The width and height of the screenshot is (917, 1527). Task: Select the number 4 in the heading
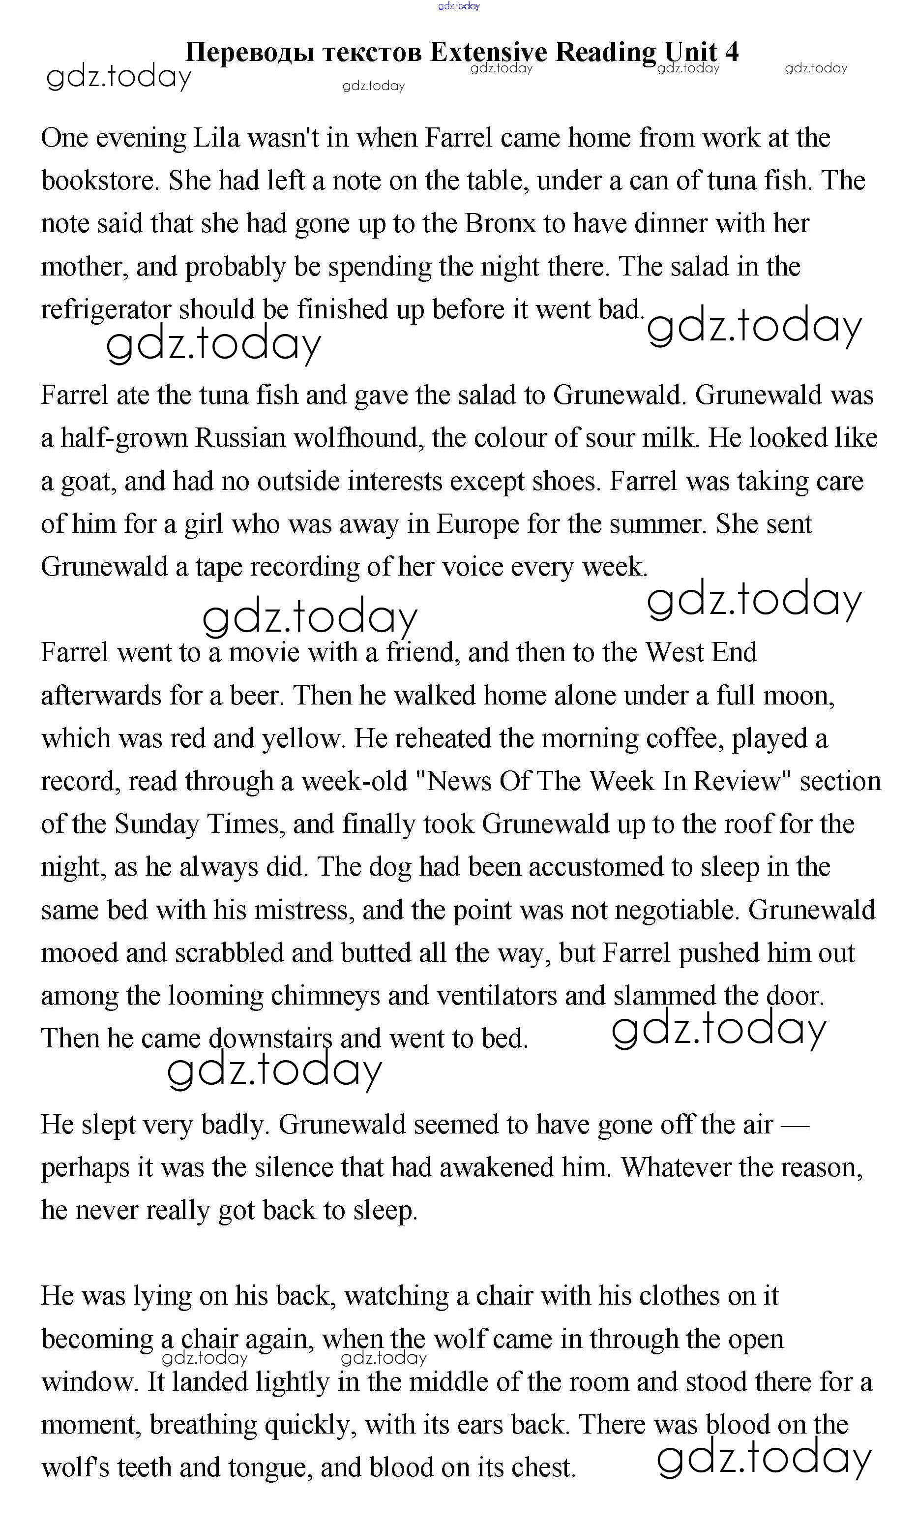click(x=732, y=52)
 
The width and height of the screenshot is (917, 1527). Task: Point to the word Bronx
click(x=500, y=224)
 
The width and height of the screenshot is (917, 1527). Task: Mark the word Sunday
click(x=156, y=825)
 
